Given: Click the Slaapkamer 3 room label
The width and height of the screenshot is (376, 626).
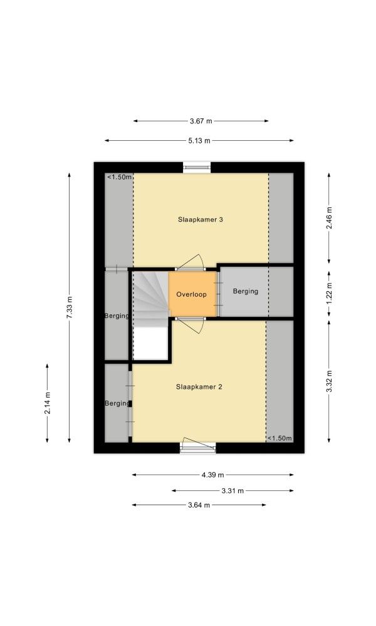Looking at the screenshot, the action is coord(200,220).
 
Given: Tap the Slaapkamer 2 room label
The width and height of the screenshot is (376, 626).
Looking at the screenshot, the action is coord(199,387).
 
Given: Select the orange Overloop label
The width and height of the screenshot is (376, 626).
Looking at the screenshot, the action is coord(191,294).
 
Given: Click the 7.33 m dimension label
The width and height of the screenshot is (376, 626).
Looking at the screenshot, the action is coord(69,307).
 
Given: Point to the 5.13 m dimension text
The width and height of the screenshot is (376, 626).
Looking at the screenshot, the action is coord(199,140).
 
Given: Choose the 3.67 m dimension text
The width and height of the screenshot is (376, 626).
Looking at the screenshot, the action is coord(201,121).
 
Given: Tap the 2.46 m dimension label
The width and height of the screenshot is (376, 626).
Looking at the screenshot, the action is coord(329,218).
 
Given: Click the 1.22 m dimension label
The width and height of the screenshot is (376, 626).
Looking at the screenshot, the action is coord(329,294).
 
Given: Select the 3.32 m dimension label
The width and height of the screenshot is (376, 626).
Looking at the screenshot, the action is coord(329,381).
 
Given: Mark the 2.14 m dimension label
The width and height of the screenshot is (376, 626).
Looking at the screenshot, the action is coord(47,403).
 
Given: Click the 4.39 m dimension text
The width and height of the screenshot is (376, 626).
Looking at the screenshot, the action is coord(213,475).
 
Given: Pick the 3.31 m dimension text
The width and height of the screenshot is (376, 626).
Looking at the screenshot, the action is coord(232,491).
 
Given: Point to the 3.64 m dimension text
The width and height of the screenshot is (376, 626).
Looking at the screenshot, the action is coord(199,505).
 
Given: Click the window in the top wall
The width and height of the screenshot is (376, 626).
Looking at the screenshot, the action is coord(197,167).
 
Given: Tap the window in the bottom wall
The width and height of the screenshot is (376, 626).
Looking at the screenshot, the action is coord(198,448).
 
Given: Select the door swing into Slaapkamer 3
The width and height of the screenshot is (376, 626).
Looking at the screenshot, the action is coord(191,262).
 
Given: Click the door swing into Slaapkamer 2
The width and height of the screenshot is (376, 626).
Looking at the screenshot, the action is coord(191,326).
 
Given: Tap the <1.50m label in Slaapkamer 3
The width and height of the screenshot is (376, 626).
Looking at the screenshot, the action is coord(119,177).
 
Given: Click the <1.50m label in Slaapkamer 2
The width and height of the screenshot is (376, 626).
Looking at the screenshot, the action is coord(279,438).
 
